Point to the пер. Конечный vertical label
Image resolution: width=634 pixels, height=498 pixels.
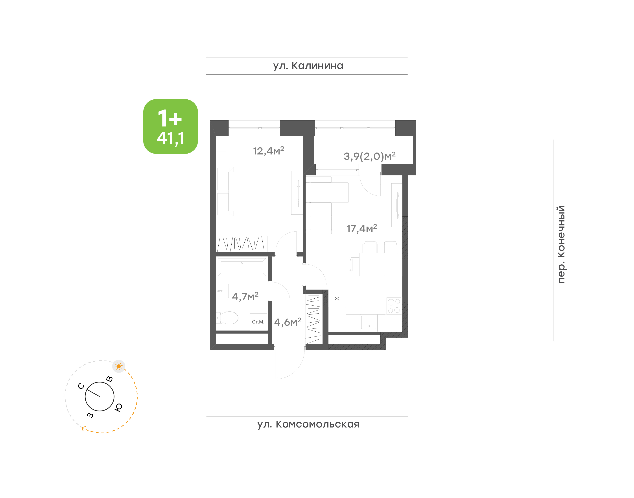coord(561,244)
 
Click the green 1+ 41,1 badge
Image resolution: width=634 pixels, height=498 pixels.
coord(170,126)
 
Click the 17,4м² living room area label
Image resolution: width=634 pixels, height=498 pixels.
coord(361,228)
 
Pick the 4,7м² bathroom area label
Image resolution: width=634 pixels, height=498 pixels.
coord(245,296)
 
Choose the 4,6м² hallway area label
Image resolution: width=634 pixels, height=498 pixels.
coord(288,322)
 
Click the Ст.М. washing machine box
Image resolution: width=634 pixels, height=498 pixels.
coord(258,322)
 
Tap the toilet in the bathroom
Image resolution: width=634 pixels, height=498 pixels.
coord(227,318)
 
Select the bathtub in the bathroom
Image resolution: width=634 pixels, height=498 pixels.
coord(242,267)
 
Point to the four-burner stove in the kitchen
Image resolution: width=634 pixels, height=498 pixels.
coord(394,306)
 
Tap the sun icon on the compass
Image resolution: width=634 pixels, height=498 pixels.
coord(118,366)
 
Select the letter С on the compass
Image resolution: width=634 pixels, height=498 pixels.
coord(81,386)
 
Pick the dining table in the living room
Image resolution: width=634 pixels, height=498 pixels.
coord(381,264)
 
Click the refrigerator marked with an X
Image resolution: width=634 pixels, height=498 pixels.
coord(337,299)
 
